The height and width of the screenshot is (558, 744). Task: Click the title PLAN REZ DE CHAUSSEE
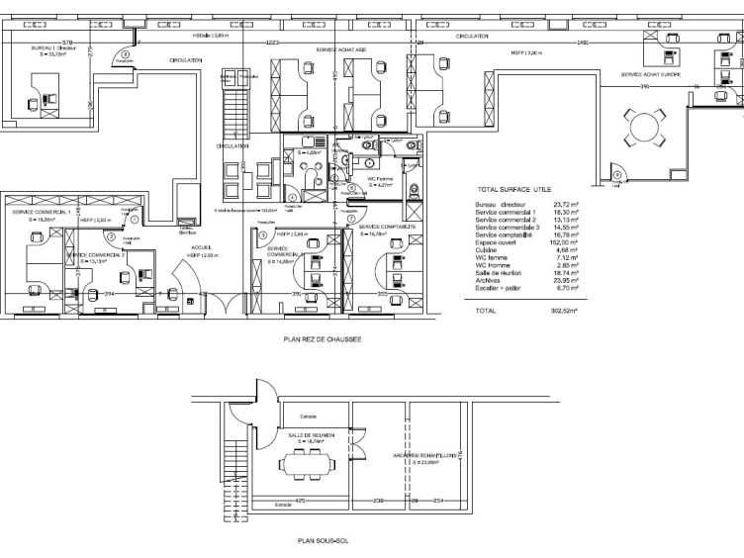click(323, 338)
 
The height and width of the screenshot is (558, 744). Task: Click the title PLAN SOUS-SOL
click(323, 541)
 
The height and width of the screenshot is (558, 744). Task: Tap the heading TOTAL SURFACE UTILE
click(514, 189)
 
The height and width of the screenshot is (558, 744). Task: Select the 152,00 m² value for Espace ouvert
click(567, 241)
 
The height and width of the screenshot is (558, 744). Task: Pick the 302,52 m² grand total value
click(566, 311)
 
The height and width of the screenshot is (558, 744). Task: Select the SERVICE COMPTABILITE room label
click(386, 227)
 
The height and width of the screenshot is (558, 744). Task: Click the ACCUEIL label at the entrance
click(202, 247)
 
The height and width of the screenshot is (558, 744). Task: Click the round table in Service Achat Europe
click(645, 127)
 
